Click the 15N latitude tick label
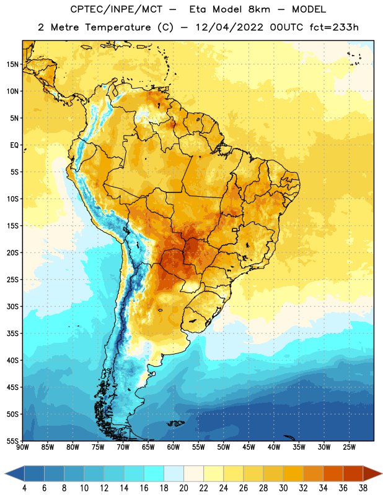pyautogui.click(x=12, y=64)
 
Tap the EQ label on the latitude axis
pyautogui.click(x=14, y=145)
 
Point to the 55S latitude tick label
pyautogui.click(x=12, y=441)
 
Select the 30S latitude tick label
pyautogui.click(x=12, y=306)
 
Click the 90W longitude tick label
pyautogui.click(x=22, y=447)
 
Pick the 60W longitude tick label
pyautogui.click(x=174, y=447)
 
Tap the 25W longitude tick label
pyautogui.click(x=349, y=447)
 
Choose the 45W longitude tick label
pyautogui.click(x=249, y=447)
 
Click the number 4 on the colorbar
pyautogui.click(x=24, y=488)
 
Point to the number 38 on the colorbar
pyautogui.click(x=363, y=488)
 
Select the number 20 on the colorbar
pyautogui.click(x=183, y=488)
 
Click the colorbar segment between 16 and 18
pyautogui.click(x=154, y=474)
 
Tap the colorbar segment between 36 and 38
pyautogui.click(x=353, y=474)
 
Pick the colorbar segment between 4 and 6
pyautogui.click(x=34, y=474)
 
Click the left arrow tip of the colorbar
pyautogui.click(x=5, y=474)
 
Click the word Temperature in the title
pyautogui.click(x=118, y=27)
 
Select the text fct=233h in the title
pyautogui.click(x=334, y=27)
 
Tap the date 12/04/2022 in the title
pyautogui.click(x=229, y=27)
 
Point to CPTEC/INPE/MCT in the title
pyautogui.click(x=117, y=9)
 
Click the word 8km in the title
pyautogui.click(x=259, y=9)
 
